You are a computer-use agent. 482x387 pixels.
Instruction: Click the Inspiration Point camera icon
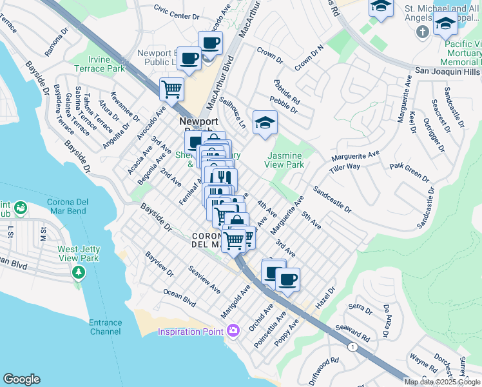point(233,331)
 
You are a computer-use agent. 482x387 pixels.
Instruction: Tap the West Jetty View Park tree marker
point(79,273)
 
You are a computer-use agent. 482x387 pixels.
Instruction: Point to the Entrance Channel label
point(106,327)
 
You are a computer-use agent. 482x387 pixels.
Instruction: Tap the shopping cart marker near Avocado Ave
point(171,88)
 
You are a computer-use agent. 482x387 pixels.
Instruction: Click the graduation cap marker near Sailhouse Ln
point(264,123)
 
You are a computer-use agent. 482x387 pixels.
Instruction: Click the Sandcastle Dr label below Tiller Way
point(333,200)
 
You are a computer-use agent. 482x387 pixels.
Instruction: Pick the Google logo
point(22,379)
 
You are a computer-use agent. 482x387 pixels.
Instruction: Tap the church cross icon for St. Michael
point(423,32)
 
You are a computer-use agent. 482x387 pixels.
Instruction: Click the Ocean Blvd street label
point(179,297)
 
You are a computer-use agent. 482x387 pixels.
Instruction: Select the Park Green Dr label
point(409,172)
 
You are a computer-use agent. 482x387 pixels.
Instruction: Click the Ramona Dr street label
point(56,41)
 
